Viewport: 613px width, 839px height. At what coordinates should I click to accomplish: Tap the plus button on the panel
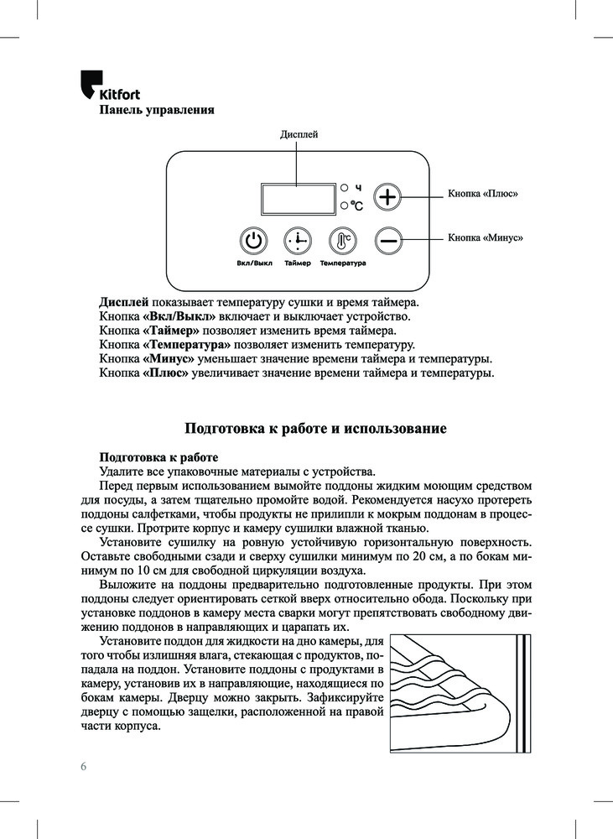pos(387,198)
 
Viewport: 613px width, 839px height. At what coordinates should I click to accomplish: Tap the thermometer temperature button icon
pos(342,242)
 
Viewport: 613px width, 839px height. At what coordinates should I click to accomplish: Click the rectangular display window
pos(297,199)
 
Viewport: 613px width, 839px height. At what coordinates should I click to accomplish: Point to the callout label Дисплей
pos(299,135)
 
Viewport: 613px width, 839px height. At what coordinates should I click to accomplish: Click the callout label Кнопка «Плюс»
pos(483,194)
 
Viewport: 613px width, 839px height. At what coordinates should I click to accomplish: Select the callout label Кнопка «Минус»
pos(486,238)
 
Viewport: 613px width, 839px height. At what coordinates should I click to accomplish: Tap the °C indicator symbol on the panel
pos(356,206)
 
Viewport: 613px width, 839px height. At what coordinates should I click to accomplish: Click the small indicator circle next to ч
pos(344,187)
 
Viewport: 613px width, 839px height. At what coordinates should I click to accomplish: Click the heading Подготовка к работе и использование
pos(314,429)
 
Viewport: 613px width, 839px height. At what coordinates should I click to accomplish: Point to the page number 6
pos(84,766)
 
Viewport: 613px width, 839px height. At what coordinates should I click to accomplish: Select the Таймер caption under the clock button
pos(297,263)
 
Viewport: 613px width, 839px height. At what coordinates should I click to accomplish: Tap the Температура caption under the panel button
pos(342,263)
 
